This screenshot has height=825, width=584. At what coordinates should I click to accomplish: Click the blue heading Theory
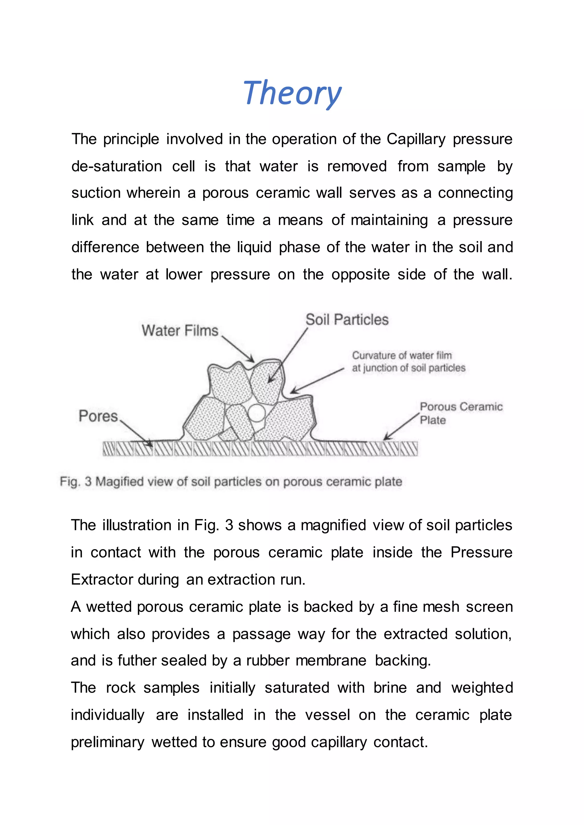pyautogui.click(x=292, y=93)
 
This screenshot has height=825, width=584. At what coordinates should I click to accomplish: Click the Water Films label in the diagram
pyautogui.click(x=180, y=330)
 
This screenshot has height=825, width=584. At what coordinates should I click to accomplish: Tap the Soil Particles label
pyautogui.click(x=347, y=319)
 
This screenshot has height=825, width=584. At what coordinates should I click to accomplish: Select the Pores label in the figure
pyautogui.click(x=98, y=416)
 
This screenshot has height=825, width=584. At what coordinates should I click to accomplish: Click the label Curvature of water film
pyautogui.click(x=402, y=355)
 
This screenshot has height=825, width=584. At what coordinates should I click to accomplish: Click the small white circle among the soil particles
pyautogui.click(x=256, y=413)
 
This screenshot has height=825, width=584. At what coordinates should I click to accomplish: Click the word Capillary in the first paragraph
pyautogui.click(x=416, y=139)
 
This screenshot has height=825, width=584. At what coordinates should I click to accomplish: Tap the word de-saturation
pyautogui.click(x=117, y=166)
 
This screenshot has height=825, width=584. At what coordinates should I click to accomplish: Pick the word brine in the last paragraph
pyautogui.click(x=390, y=688)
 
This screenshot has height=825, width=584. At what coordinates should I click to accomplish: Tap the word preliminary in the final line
pyautogui.click(x=107, y=742)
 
